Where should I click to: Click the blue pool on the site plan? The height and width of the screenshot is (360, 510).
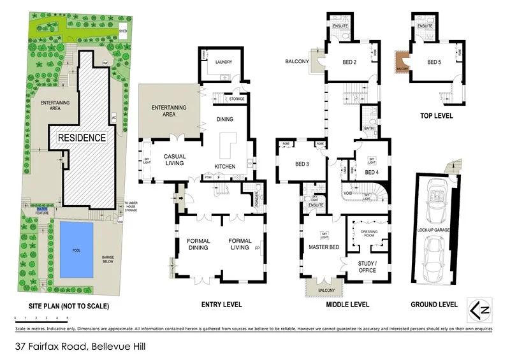(x=76, y=248)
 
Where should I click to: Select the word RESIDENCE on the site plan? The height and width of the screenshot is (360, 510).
(x=81, y=137)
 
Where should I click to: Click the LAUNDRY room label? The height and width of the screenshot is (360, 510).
(x=224, y=62)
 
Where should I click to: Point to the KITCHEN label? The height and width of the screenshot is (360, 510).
(x=224, y=167)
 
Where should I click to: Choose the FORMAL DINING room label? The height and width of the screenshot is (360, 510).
(x=198, y=245)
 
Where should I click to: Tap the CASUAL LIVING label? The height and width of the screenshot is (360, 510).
(x=174, y=159)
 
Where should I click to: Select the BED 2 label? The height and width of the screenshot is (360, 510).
(x=349, y=62)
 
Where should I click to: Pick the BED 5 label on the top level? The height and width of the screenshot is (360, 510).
(x=434, y=62)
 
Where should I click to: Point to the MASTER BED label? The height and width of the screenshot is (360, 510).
(x=322, y=247)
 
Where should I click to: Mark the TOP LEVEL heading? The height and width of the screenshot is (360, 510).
(x=436, y=116)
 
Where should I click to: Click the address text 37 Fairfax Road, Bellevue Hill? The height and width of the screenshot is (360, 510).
(x=71, y=347)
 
